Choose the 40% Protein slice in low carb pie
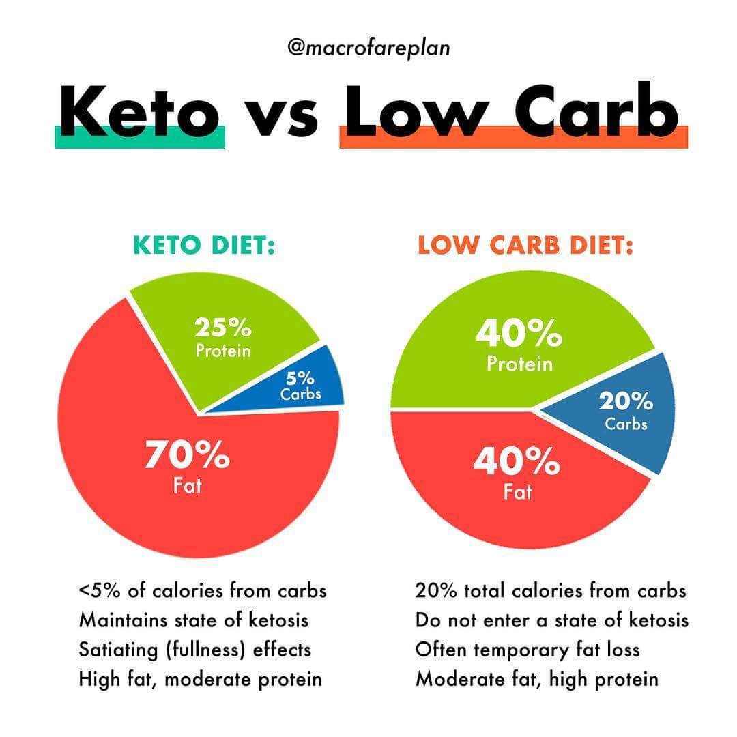(x=519, y=345)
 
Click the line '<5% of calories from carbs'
(x=203, y=590)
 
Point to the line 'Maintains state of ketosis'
(x=194, y=620)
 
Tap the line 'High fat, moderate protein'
(x=201, y=680)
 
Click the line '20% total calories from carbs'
(x=551, y=590)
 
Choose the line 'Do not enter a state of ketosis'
(x=552, y=620)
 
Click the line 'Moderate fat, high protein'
(x=537, y=680)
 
